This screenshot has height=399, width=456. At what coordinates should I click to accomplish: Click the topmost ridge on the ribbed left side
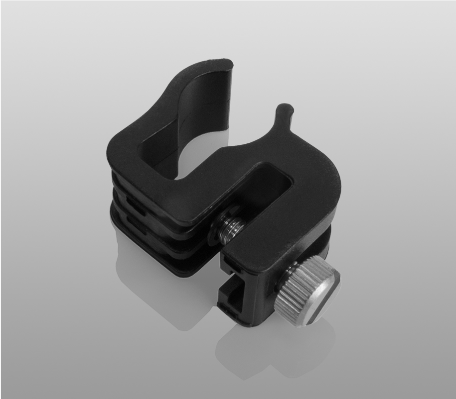click(x=125, y=179)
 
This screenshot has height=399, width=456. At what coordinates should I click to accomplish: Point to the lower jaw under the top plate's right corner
click(x=319, y=244)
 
